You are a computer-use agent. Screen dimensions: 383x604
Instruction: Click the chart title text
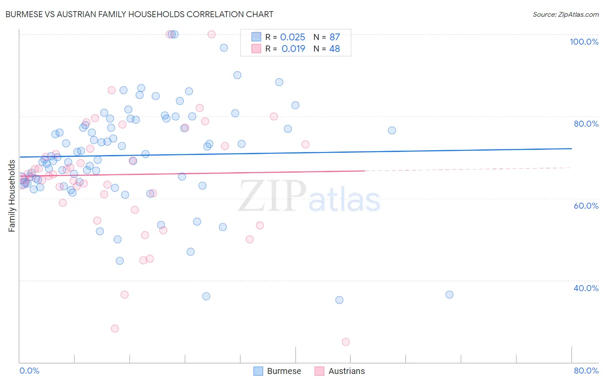click(x=139, y=14)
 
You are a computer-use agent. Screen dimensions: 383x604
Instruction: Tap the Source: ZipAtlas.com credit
click(x=566, y=14)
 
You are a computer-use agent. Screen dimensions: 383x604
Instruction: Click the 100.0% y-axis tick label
click(x=584, y=42)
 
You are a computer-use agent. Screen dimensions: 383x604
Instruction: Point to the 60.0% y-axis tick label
click(x=586, y=206)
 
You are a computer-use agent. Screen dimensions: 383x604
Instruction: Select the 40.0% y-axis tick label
click(x=586, y=288)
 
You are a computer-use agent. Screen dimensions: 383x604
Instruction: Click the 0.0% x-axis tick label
click(x=29, y=371)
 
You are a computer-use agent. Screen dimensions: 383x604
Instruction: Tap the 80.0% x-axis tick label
click(x=586, y=371)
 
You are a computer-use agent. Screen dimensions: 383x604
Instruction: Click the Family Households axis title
click(x=12, y=196)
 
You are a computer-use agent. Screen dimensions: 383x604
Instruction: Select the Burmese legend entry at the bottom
click(x=277, y=371)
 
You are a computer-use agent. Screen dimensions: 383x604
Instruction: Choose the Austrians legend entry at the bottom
click(x=339, y=371)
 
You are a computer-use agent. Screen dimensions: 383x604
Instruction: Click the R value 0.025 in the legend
click(x=293, y=37)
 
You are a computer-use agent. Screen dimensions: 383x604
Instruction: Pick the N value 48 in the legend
click(x=334, y=49)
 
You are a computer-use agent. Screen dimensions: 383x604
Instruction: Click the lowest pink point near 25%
click(x=346, y=342)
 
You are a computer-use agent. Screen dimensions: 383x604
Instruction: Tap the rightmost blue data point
click(x=449, y=295)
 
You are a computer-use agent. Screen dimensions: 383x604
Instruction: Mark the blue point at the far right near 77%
click(x=392, y=131)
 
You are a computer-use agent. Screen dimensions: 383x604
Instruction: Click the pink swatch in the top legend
click(x=256, y=49)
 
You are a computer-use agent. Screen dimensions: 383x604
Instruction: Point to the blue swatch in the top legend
click(x=256, y=37)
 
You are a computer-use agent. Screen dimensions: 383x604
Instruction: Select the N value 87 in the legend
click(x=334, y=37)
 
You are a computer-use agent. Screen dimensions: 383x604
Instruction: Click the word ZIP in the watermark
click(x=272, y=196)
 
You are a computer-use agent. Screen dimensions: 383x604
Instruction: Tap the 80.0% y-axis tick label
click(x=586, y=124)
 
